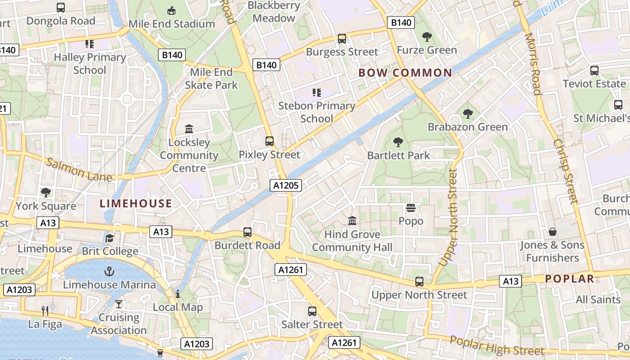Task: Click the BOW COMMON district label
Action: pyautogui.click(x=405, y=73)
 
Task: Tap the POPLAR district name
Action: pyautogui.click(x=570, y=279)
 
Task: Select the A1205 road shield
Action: pyautogui.click(x=285, y=185)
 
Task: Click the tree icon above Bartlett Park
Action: pyautogui.click(x=398, y=143)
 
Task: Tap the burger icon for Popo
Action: pyautogui.click(x=410, y=208)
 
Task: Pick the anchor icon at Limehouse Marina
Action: pyautogui.click(x=109, y=271)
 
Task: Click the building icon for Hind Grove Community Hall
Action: pyautogui.click(x=352, y=221)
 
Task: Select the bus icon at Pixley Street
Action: pyautogui.click(x=269, y=141)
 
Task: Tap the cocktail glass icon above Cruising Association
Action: pyautogui.click(x=118, y=304)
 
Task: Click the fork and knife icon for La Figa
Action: pyautogui.click(x=45, y=310)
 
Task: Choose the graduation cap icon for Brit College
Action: pyautogui.click(x=110, y=238)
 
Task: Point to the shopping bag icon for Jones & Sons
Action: pyautogui.click(x=552, y=232)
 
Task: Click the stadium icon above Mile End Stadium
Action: pyautogui.click(x=171, y=10)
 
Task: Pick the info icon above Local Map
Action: pyautogui.click(x=178, y=294)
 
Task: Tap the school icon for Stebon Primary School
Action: pyautogui.click(x=316, y=93)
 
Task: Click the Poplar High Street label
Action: pyautogui.click(x=497, y=346)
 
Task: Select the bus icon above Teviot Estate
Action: pyautogui.click(x=594, y=71)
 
